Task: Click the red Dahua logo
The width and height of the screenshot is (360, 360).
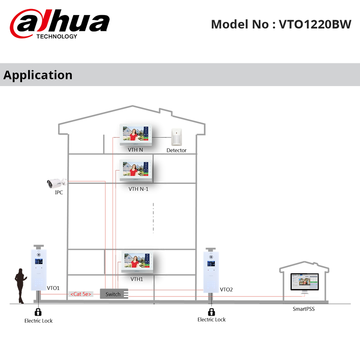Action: click(x=59, y=24)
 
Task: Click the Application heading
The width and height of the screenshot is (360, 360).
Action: click(x=38, y=75)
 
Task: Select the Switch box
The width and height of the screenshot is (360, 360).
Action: click(x=114, y=294)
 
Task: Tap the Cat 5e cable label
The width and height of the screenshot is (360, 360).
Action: click(x=81, y=294)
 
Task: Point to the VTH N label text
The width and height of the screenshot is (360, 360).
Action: click(x=135, y=149)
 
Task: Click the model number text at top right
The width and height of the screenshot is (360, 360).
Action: click(x=281, y=24)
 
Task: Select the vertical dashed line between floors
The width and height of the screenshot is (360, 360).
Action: click(x=153, y=218)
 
